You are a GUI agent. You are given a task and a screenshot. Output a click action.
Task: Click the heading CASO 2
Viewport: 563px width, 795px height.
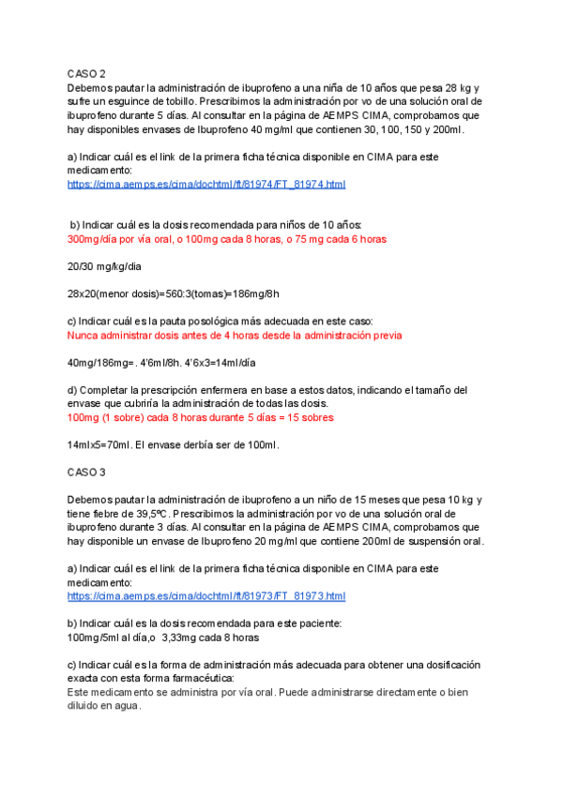pos(86,73)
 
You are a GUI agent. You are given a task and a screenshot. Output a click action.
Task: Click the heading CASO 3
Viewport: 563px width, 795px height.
pos(86,472)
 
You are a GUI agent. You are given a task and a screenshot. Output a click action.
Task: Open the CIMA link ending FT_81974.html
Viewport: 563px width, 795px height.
pos(206,185)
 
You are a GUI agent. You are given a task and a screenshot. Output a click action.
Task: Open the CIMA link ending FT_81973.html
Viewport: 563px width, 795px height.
pos(206,596)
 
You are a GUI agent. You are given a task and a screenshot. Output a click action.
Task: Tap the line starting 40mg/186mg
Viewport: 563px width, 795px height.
pos(162,362)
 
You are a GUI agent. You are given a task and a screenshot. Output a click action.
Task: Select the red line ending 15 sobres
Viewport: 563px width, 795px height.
pos(201,417)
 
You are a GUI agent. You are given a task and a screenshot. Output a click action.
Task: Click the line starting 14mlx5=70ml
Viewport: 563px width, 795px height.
pos(173,444)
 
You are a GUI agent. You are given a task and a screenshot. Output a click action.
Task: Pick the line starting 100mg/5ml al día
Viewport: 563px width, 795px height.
pos(163,637)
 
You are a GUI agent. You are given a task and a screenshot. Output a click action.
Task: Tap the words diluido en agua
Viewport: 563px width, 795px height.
pos(103,706)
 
